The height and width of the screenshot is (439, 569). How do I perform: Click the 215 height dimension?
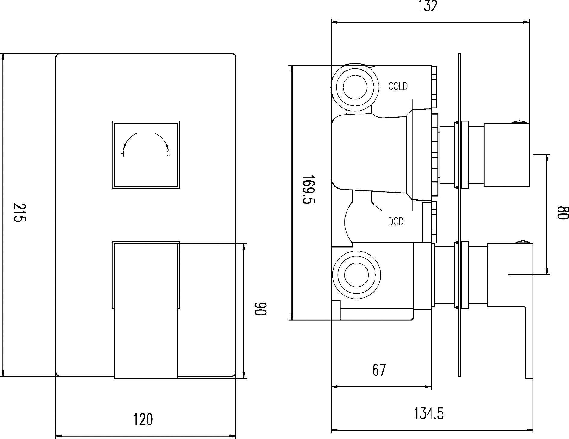click(x=20, y=212)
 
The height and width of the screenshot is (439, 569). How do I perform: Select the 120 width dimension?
click(x=143, y=419)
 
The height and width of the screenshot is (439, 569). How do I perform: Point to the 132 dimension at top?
click(x=428, y=6)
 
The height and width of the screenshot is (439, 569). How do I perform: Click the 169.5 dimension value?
click(x=308, y=190)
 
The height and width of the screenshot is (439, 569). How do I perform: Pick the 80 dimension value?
click(x=562, y=213)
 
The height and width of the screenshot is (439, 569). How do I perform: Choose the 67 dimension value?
click(x=379, y=370)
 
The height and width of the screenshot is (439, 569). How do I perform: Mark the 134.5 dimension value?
click(x=429, y=414)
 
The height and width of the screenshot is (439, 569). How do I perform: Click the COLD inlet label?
click(x=398, y=86)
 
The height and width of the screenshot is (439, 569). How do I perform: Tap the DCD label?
click(x=396, y=222)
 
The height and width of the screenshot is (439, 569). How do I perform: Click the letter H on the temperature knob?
click(x=122, y=154)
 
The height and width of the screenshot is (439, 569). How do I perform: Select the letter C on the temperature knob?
click(x=168, y=154)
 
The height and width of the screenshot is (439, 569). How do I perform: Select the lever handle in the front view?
click(x=146, y=311)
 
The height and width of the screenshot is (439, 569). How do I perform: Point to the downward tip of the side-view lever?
click(x=529, y=378)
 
